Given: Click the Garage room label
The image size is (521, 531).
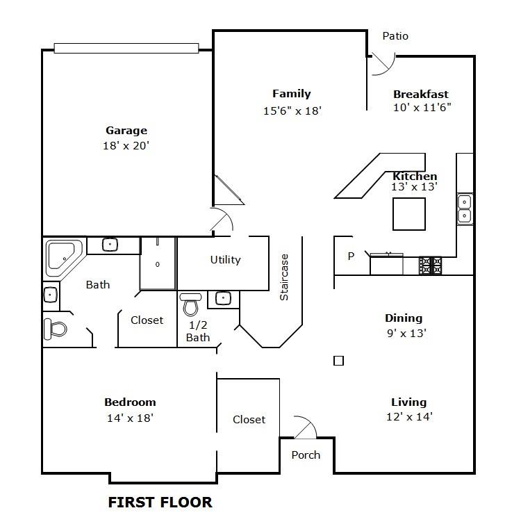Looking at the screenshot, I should pos(126,131).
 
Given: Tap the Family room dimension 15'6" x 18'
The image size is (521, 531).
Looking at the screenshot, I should pos(291,110).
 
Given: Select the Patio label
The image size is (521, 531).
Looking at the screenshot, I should pos(395,36).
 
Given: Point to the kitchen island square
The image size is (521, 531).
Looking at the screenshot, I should pos(409,213).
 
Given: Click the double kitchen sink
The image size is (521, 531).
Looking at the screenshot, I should pos(464,209).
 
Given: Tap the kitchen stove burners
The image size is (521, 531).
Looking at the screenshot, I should pos(430,265).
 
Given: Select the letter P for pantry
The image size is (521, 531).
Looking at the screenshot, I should pos(351,256).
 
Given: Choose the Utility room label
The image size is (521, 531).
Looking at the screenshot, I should pos(225,260).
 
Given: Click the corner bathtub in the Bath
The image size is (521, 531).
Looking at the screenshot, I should pos(63,257).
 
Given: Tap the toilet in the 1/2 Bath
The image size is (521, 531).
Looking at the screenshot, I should pos(191,304).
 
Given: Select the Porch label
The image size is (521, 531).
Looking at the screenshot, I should pos(306,455).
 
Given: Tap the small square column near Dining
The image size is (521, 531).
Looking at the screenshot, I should pos(338,360).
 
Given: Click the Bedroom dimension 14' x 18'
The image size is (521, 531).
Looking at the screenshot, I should pos(130,418).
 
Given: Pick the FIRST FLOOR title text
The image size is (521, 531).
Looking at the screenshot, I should pos(160,502).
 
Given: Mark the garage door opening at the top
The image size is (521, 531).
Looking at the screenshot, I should pos(126,48).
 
